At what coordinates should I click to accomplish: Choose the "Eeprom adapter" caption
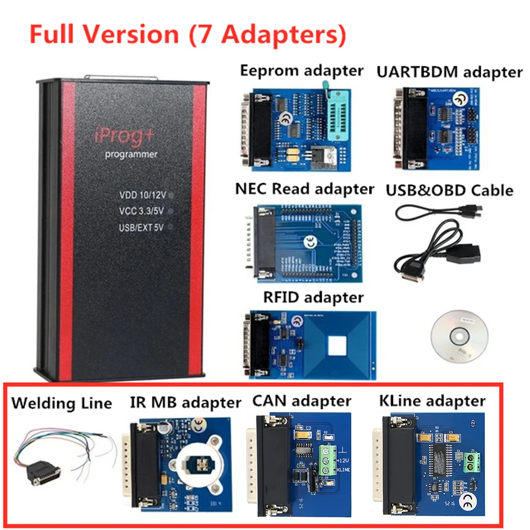[302, 70]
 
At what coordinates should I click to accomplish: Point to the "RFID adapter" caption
[313, 296]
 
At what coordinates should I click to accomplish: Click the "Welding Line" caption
[61, 403]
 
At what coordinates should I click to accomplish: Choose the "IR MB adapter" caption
[185, 402]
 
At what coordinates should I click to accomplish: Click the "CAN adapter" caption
[302, 401]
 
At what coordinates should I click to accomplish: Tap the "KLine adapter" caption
[432, 401]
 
